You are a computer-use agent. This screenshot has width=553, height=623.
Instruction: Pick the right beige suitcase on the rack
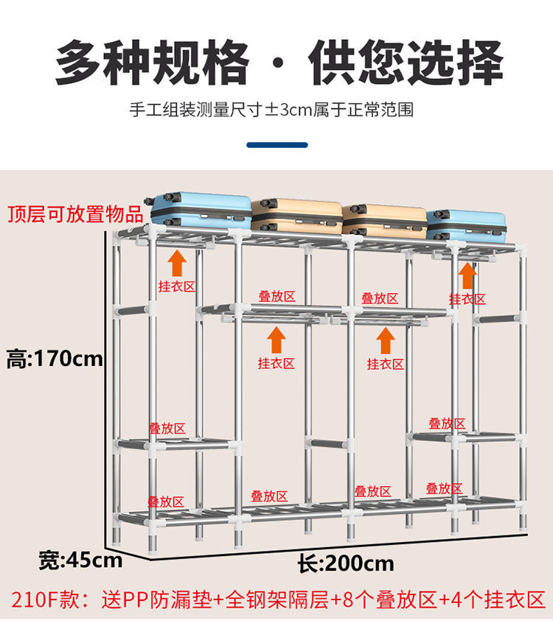point(384,219)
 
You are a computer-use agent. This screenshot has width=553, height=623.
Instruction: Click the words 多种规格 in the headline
point(151,63)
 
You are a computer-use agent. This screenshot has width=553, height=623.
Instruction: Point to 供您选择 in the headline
point(406,63)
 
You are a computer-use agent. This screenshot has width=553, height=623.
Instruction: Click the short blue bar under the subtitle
point(276,145)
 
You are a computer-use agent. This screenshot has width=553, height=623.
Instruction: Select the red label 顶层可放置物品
point(75,214)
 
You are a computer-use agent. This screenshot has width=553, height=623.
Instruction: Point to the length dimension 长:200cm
point(347,564)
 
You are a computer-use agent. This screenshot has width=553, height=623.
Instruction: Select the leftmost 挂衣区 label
point(176,286)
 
